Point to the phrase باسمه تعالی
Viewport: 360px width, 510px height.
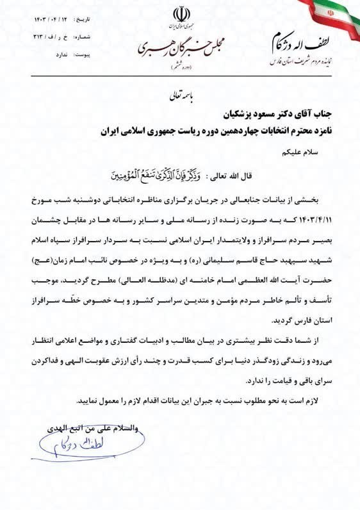[174, 96]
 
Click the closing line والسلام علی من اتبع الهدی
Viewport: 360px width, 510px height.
[86, 426]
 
